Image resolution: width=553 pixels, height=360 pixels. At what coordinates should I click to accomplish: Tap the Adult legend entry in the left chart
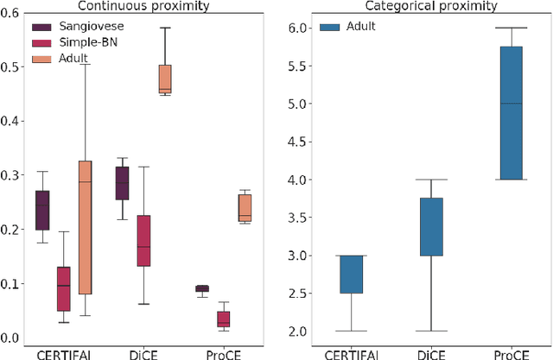(x=70, y=59)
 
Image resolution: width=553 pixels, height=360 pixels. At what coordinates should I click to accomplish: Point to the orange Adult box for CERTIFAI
(x=84, y=227)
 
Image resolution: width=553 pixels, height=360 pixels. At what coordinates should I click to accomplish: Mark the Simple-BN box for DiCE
(x=144, y=241)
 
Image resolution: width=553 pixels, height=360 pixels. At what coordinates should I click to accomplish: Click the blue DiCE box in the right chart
(x=432, y=227)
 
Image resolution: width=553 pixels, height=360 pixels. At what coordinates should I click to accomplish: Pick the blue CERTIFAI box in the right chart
(x=351, y=275)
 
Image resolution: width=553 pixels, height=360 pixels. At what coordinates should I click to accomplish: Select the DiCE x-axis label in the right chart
(x=432, y=352)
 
